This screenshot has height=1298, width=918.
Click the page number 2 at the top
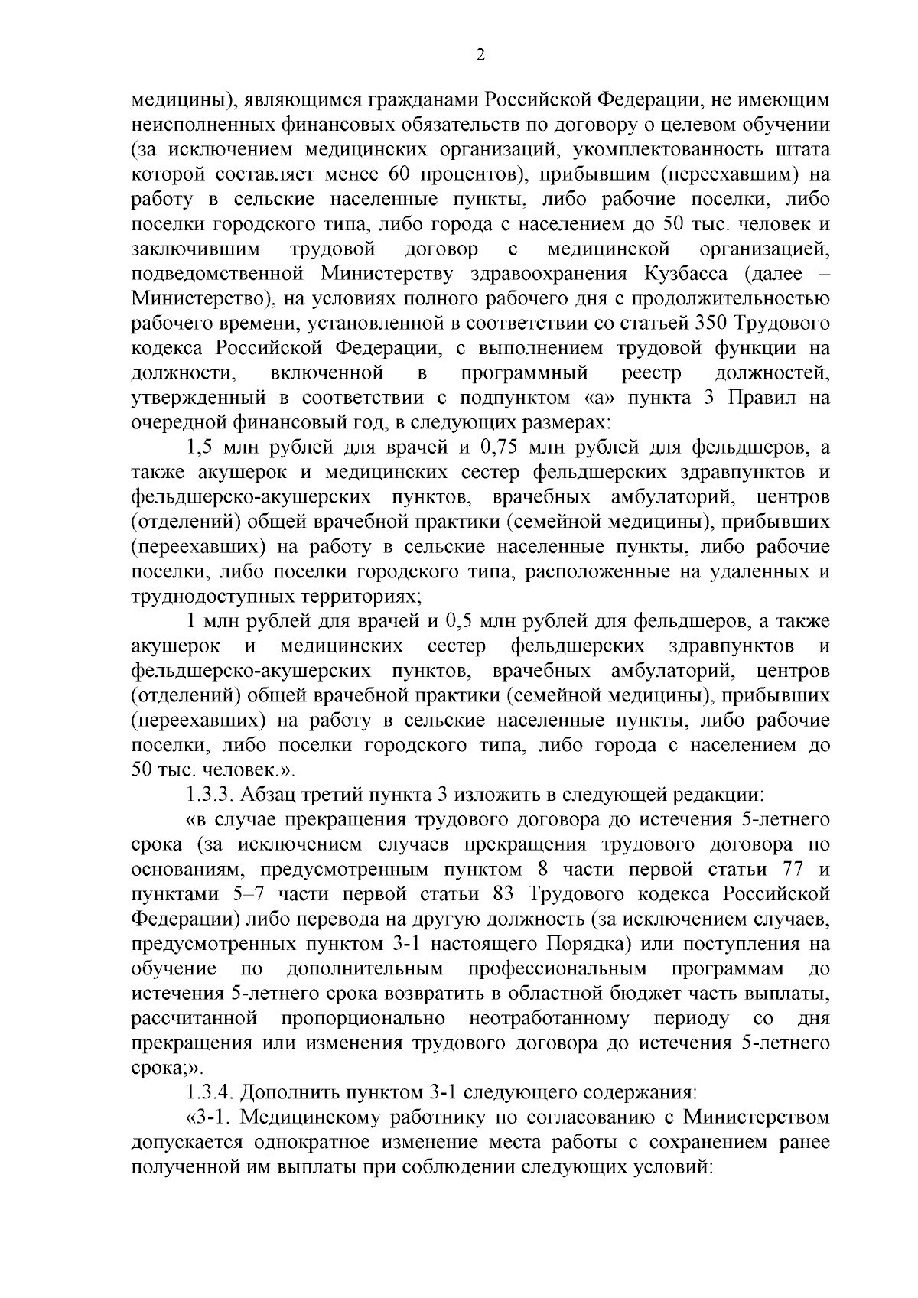[480, 54]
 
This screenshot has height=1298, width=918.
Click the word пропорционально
[363, 1019]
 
